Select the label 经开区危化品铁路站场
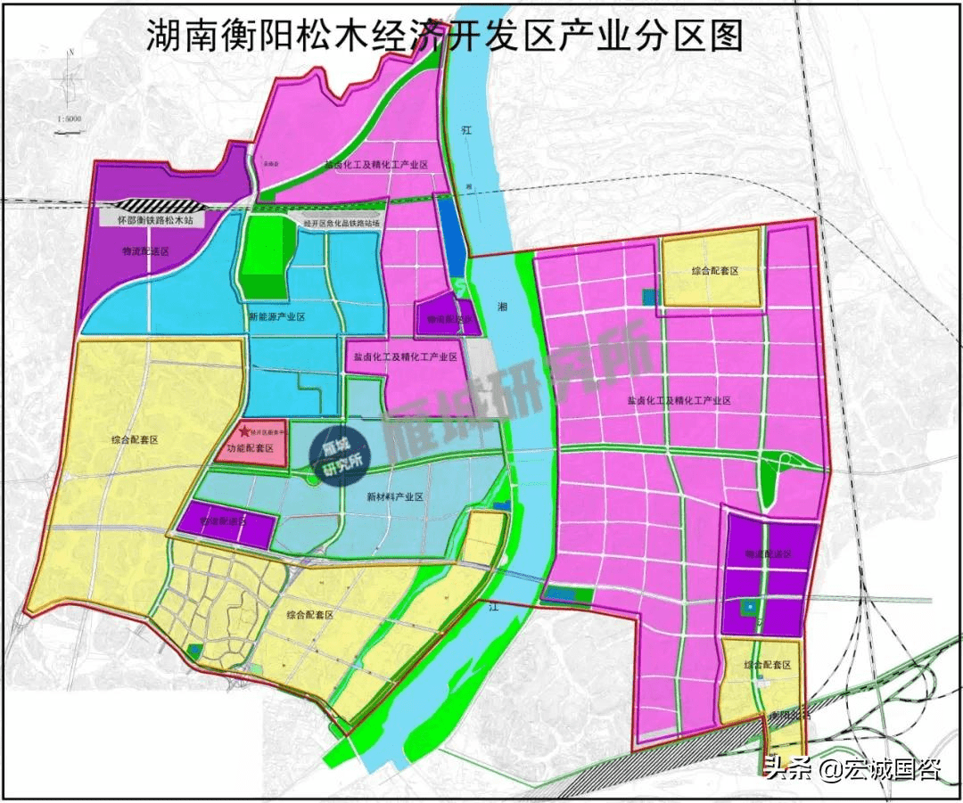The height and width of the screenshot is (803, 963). [342, 224]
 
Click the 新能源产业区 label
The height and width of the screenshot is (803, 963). [277, 317]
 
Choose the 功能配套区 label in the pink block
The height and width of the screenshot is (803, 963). [251, 448]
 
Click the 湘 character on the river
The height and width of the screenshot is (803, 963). [502, 307]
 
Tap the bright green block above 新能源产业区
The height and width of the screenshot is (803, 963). [267, 256]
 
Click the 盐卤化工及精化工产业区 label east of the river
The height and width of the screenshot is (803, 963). [678, 402]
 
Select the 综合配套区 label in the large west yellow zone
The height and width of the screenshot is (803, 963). [135, 440]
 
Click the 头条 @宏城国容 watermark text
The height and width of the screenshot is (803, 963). [852, 768]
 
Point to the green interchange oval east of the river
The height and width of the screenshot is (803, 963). [788, 463]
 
